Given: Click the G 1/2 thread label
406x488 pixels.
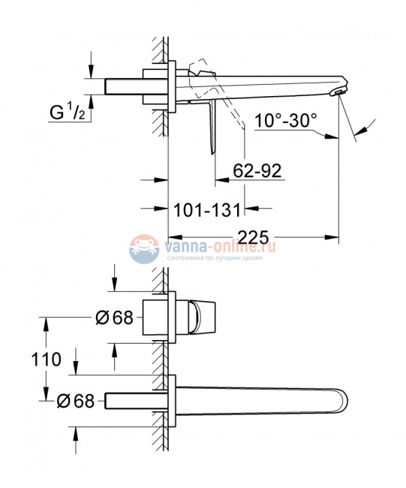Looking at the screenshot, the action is pyautogui.click(x=68, y=113).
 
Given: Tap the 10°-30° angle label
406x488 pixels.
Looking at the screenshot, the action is pyautogui.click(x=286, y=120).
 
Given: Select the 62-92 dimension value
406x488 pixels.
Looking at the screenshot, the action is pyautogui.click(x=257, y=170).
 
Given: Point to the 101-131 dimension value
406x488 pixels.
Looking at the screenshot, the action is pyautogui.click(x=207, y=209).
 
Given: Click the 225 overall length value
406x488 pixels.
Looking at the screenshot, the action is pyautogui.click(x=254, y=237).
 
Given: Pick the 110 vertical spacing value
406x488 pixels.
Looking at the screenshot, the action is pyautogui.click(x=46, y=360).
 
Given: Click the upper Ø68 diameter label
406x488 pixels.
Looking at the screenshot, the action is pyautogui.click(x=114, y=318).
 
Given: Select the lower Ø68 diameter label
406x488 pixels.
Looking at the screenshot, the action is pyautogui.click(x=76, y=401).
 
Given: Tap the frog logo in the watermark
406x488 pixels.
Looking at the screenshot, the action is pyautogui.click(x=144, y=249).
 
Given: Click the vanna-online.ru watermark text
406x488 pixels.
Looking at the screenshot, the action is pyautogui.click(x=221, y=247).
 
